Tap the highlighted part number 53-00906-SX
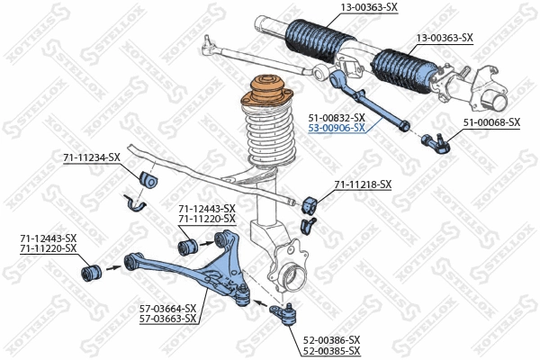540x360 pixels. [x=337, y=129]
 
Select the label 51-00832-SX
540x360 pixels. [x=337, y=118]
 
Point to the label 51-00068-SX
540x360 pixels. [x=491, y=121]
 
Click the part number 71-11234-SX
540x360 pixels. [x=91, y=157]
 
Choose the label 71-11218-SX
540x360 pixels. [x=363, y=184]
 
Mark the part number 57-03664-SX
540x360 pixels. [x=168, y=308]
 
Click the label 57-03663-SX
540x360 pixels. [x=168, y=319]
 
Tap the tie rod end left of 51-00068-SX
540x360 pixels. [x=436, y=139]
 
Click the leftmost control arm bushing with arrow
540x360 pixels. [x=91, y=268]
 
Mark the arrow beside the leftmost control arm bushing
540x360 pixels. [x=113, y=267]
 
